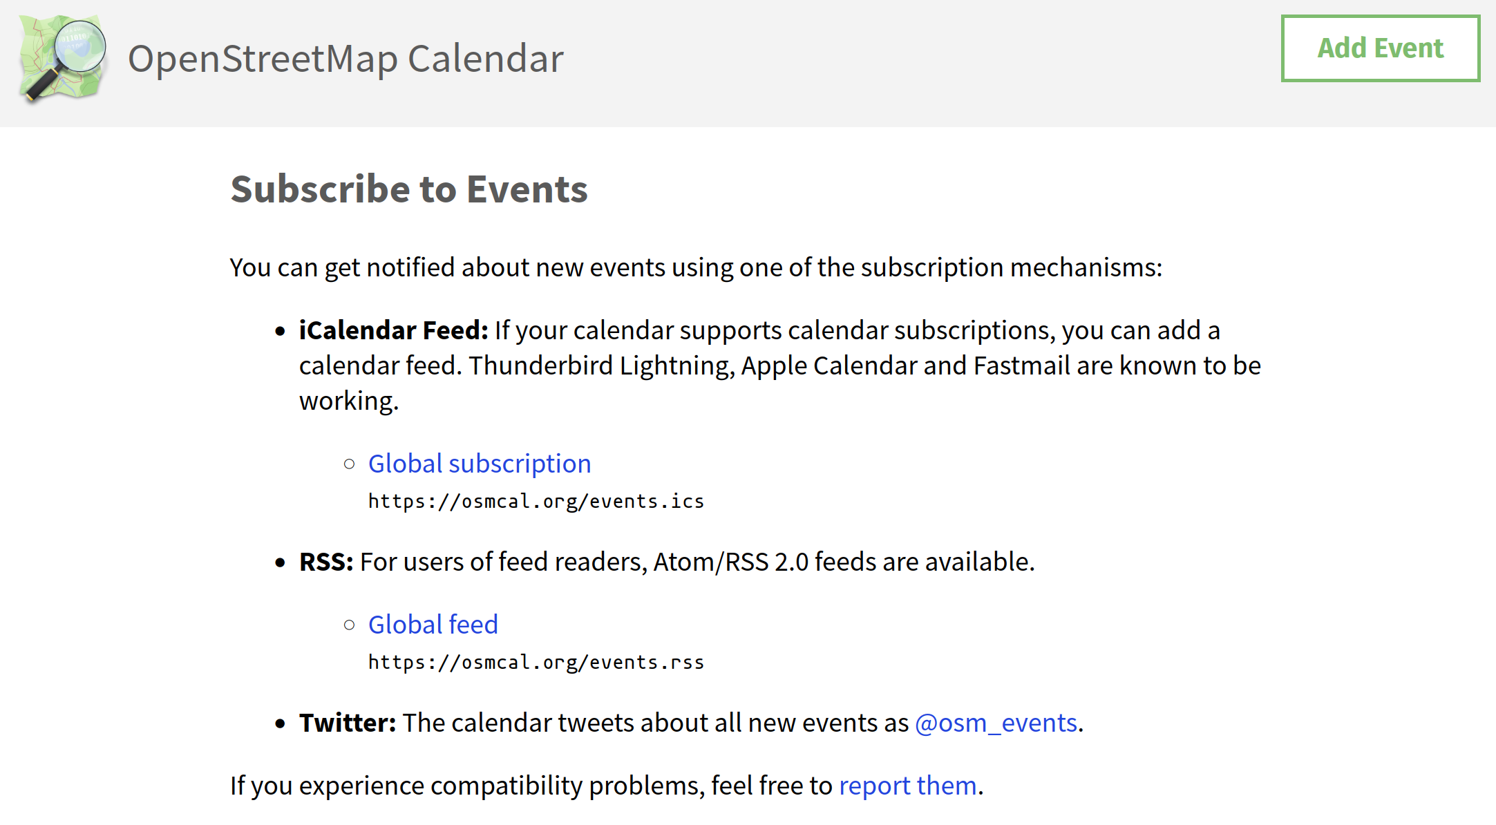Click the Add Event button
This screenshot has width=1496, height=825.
1380,48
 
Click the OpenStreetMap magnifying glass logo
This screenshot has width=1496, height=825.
63,58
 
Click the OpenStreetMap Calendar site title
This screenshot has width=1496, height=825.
345,59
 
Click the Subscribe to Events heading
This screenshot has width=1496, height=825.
409,189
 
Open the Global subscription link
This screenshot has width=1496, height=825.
480,464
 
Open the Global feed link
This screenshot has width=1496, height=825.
433,625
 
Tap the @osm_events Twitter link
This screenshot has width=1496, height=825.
996,723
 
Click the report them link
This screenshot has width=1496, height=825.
908,786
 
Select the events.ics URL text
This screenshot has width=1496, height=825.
536,502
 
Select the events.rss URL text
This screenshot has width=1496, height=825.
536,663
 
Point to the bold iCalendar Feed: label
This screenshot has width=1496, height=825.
394,330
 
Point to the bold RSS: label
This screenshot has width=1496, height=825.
326,562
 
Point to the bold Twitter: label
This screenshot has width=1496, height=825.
348,723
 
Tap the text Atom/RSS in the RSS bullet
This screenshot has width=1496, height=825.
711,562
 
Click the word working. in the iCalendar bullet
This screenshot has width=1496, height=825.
349,401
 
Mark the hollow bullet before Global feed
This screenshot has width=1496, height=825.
350,625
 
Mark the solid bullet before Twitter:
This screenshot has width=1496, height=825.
280,723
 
